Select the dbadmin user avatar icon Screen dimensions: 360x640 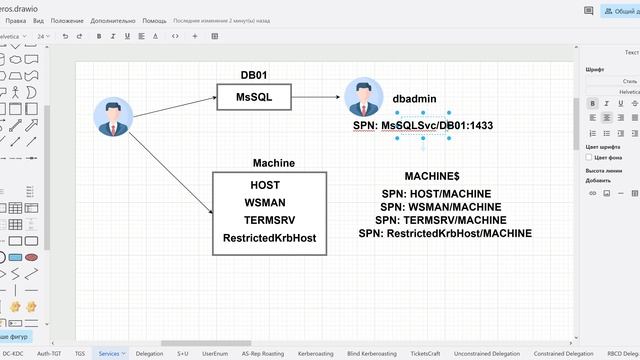[363, 98]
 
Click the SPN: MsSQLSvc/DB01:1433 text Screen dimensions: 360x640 [423, 126]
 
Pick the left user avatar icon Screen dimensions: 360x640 [113, 116]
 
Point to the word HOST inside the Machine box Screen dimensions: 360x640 [265, 185]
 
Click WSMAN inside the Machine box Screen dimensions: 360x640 [267, 202]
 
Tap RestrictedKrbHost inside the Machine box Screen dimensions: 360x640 [269, 238]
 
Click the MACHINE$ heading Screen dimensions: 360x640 [432, 175]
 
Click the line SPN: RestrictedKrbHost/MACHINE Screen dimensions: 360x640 [445, 233]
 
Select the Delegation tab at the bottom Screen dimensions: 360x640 [149, 353]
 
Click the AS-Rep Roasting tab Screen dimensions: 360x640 [262, 353]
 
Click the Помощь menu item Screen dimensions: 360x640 [155, 20]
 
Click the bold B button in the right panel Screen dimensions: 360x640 [592, 103]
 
